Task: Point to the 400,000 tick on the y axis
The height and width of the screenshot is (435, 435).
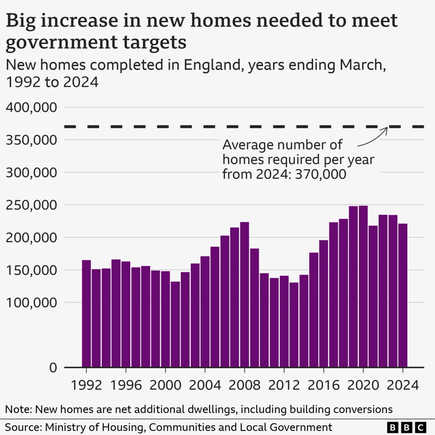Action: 32,107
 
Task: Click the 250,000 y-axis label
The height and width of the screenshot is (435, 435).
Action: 32,205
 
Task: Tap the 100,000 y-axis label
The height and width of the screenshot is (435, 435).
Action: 32,303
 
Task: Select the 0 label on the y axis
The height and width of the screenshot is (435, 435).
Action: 53,368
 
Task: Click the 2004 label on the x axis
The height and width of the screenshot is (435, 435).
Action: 205,385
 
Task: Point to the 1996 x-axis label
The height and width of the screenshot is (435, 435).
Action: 126,385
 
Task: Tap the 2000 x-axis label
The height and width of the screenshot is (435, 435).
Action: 165,385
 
